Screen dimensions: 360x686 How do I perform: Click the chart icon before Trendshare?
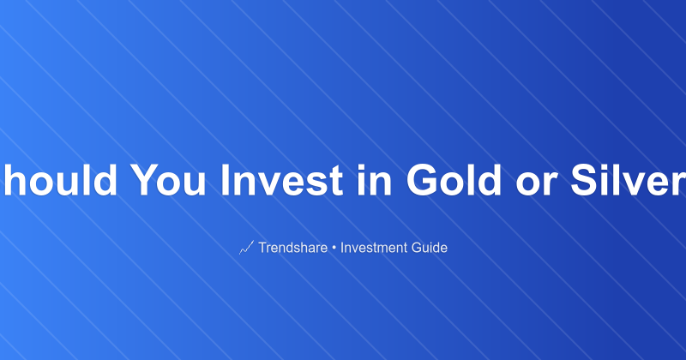click(x=246, y=249)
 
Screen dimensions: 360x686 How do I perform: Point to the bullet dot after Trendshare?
click(x=335, y=249)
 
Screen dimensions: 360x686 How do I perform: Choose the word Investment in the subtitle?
click(x=376, y=249)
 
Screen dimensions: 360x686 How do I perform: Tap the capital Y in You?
click(x=142, y=181)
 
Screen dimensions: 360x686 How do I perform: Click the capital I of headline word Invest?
click(x=226, y=181)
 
